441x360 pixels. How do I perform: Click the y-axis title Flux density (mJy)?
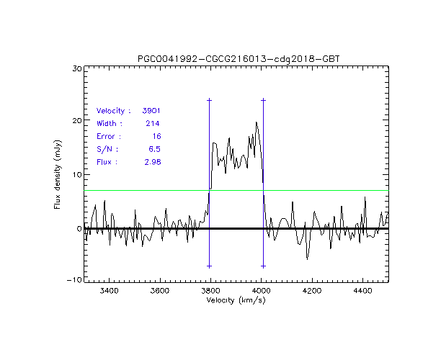(x=57, y=174)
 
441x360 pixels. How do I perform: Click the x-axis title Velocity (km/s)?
(x=236, y=300)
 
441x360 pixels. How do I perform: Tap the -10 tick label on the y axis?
(x=72, y=280)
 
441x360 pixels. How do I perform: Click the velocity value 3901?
(x=151, y=111)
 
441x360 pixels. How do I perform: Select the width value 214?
(x=153, y=124)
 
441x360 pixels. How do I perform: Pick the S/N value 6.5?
(x=153, y=149)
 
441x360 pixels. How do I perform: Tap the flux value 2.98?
(x=151, y=162)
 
